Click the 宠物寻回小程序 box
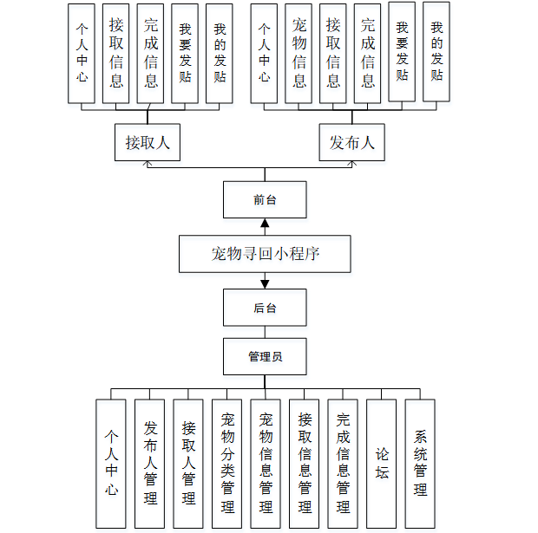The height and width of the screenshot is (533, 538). point(265,254)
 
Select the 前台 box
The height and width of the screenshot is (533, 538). point(265,199)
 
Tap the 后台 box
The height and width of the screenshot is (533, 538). point(265,308)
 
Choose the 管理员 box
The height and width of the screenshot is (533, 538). point(265,356)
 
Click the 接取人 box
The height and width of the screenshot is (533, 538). point(148,142)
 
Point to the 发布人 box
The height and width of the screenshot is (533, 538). point(351,142)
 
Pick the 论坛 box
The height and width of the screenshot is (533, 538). point(382,463)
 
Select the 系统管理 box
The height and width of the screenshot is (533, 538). point(420,463)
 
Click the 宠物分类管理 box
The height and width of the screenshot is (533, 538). point(227,463)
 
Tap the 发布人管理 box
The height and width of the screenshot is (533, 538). point(150,463)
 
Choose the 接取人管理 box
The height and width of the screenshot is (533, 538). point(188,463)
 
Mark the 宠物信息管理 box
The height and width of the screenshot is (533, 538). point(266,463)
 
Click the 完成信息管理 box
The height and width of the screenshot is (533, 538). point(343,463)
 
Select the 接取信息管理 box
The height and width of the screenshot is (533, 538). point(305,463)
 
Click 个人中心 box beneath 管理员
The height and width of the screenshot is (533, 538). point(111,463)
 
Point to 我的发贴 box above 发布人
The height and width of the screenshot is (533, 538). point(436,52)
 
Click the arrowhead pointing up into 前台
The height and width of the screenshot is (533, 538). point(265,224)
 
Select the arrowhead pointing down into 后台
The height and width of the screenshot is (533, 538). point(265,283)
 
